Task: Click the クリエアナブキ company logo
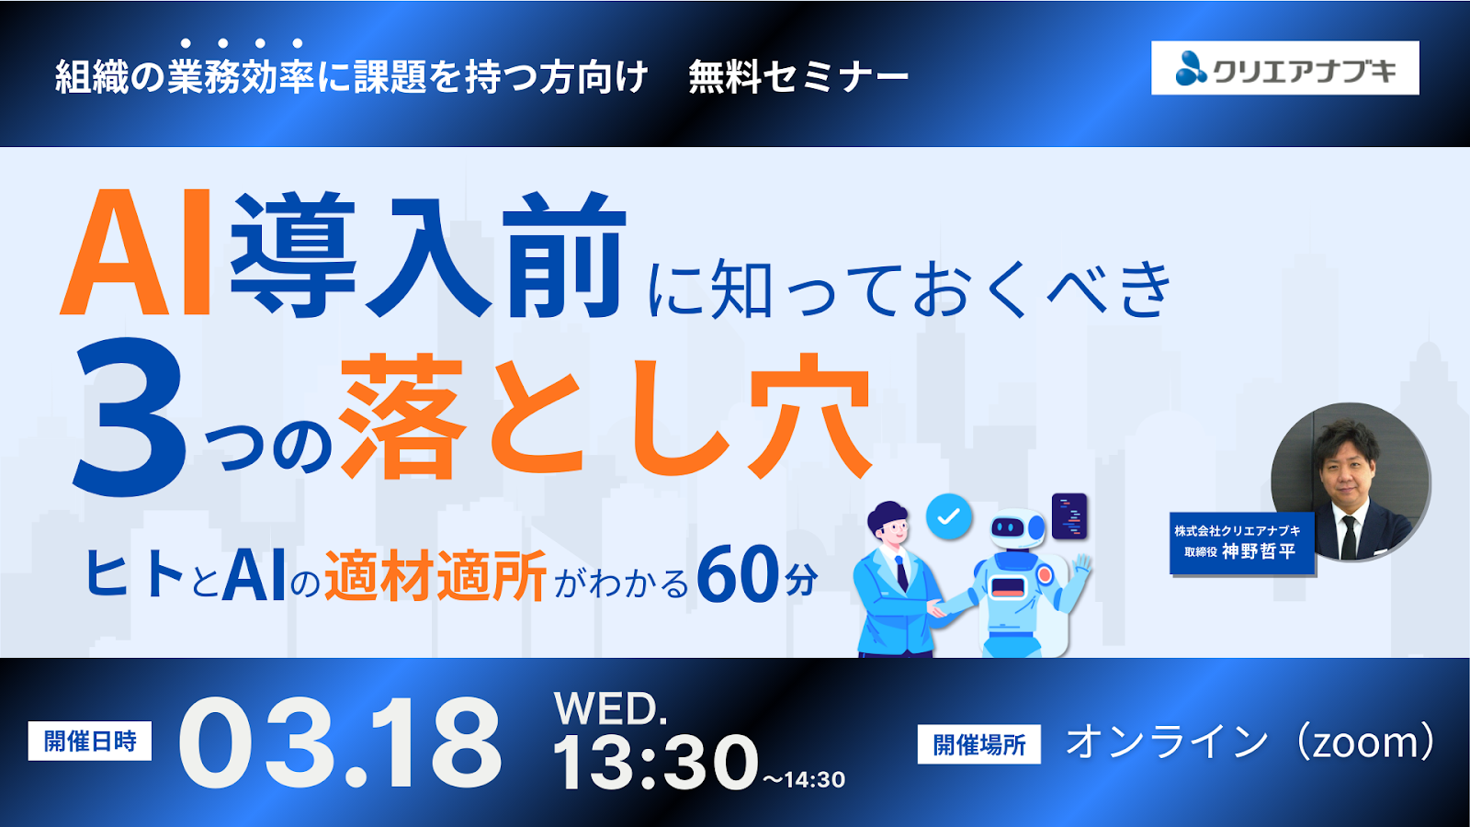(1284, 68)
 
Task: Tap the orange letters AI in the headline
(138, 254)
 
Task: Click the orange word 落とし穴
(606, 418)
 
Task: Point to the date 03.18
(340, 742)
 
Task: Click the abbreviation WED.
(610, 708)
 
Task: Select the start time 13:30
(655, 762)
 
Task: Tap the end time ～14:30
(803, 780)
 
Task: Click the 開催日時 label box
(90, 741)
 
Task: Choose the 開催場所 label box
(979, 744)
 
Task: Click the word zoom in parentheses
(1360, 742)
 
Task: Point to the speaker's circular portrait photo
(1351, 481)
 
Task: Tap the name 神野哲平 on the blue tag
(1259, 551)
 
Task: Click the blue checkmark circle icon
(949, 516)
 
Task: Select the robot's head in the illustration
(1016, 527)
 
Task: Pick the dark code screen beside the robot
(1069, 516)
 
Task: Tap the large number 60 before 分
(737, 575)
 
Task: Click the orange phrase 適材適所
(435, 576)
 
